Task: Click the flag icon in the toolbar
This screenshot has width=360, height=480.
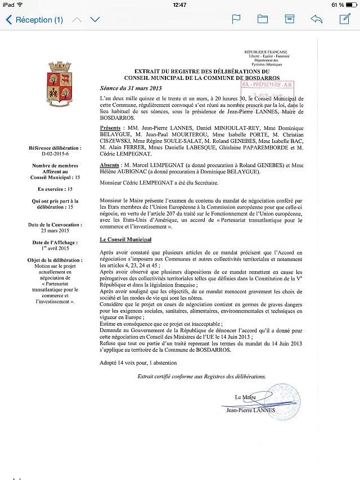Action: [236, 20]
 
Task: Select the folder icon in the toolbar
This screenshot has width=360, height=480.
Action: [263, 20]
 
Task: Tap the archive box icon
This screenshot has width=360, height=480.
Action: [289, 20]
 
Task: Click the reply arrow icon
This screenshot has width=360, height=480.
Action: [316, 20]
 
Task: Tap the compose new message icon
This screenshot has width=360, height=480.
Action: [344, 20]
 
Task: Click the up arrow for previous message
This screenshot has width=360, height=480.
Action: [77, 20]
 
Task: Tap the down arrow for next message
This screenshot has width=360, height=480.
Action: [95, 20]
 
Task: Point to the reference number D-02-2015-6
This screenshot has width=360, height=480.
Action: [57, 152]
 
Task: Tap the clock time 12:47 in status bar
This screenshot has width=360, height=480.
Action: [180, 5]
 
